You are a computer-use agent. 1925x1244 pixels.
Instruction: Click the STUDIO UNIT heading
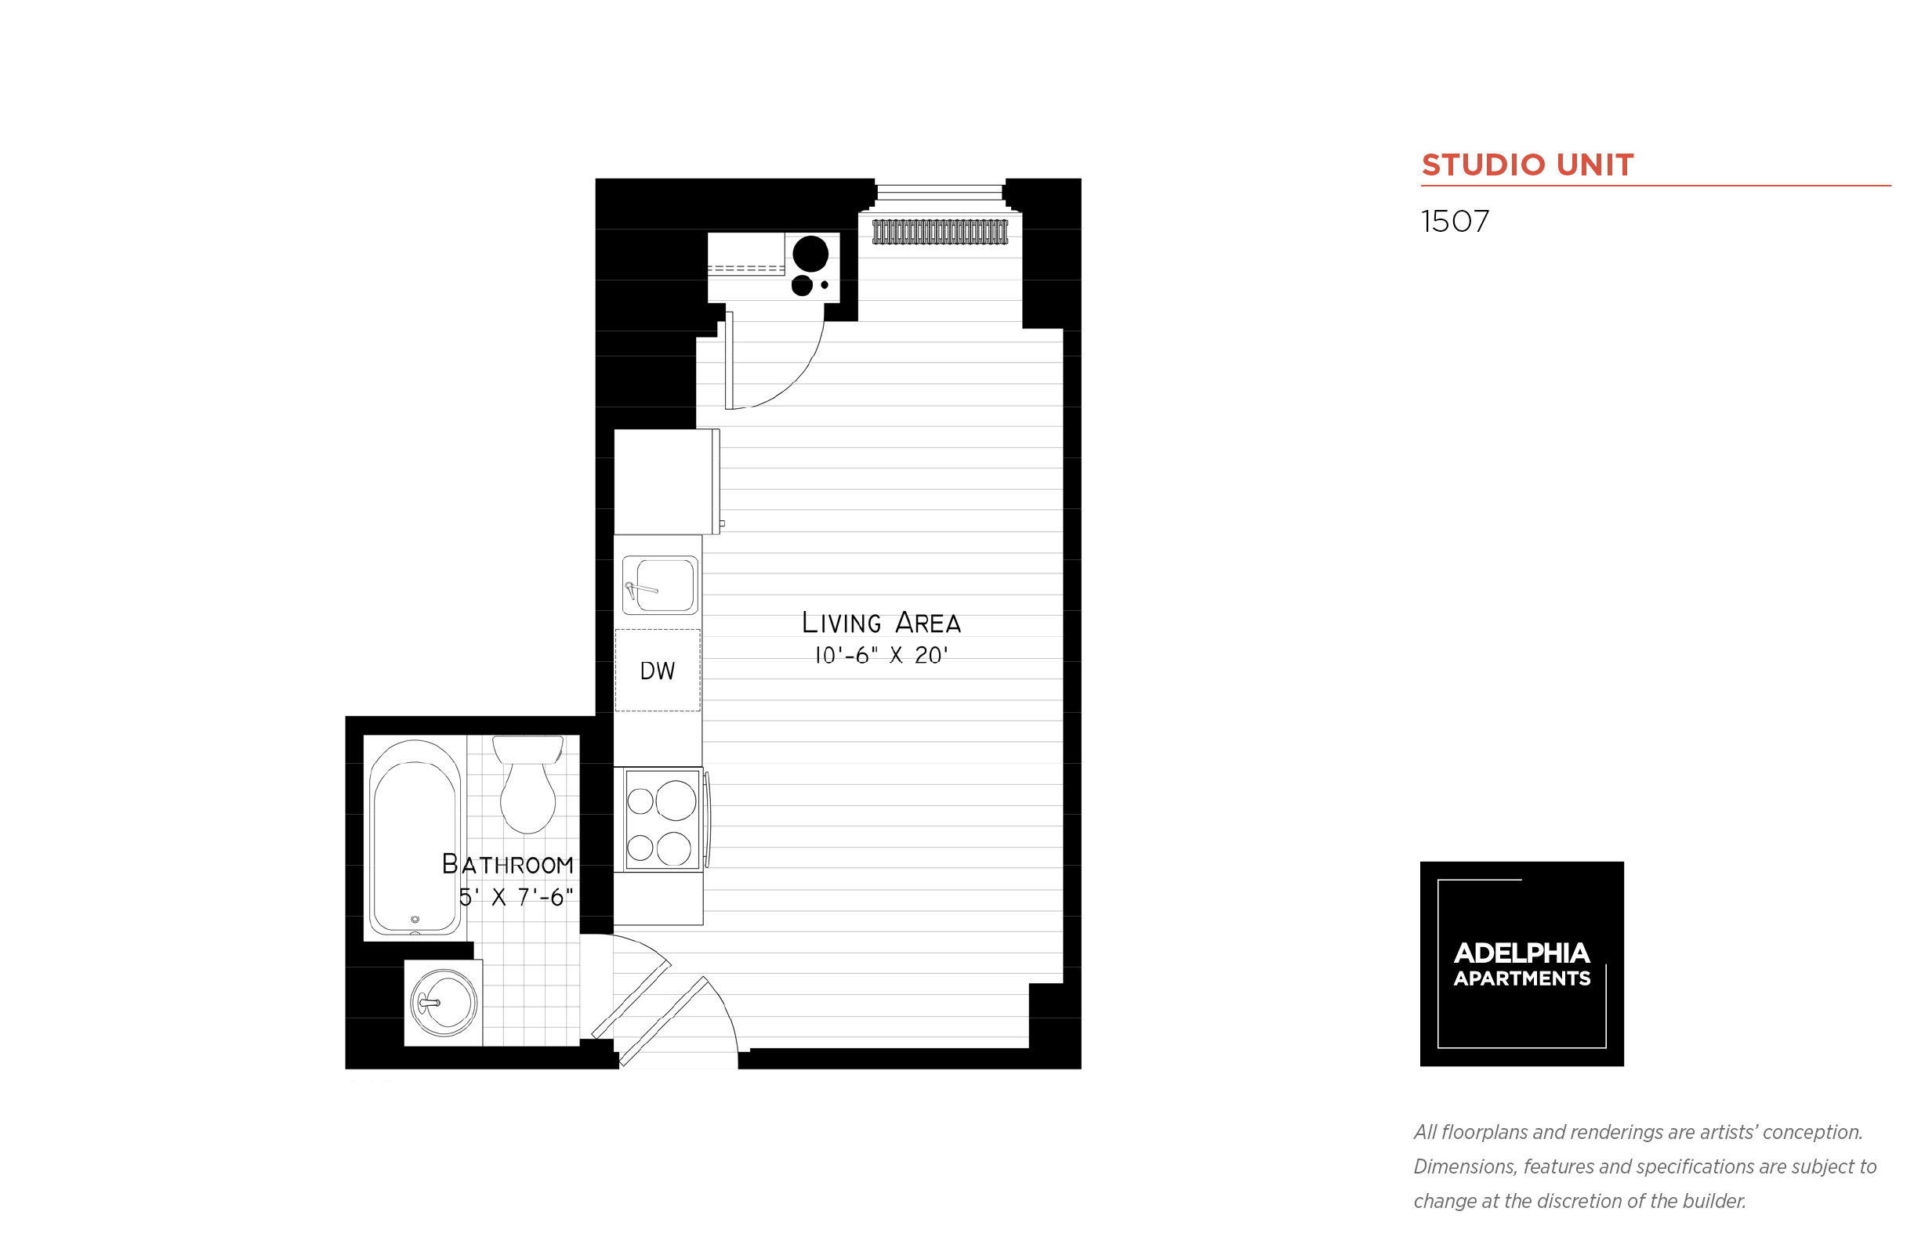tap(1527, 165)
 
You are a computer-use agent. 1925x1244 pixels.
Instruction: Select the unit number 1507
tap(1454, 222)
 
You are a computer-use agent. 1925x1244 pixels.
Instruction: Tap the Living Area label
tap(881, 622)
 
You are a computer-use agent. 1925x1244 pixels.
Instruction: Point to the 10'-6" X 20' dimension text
tap(881, 655)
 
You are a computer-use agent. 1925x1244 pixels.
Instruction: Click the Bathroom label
tap(508, 864)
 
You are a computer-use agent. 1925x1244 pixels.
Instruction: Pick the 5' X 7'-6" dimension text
tap(516, 897)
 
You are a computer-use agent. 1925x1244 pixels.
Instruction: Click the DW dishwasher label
tap(657, 671)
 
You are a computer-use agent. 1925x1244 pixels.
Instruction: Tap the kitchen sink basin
tap(660, 585)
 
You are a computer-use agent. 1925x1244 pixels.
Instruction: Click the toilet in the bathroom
tap(527, 783)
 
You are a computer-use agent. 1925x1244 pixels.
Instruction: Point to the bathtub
tap(415, 837)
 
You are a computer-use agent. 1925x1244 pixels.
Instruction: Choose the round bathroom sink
tap(444, 1003)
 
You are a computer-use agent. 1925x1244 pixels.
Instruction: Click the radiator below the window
tap(940, 232)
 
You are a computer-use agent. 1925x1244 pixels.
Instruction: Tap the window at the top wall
tap(940, 192)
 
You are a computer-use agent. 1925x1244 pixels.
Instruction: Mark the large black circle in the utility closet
tap(810, 255)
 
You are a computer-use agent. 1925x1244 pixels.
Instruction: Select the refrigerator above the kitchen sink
tap(666, 482)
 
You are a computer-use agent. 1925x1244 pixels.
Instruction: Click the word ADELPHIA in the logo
tap(1521, 953)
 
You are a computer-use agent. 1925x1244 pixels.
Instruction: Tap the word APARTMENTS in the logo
tap(1521, 978)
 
